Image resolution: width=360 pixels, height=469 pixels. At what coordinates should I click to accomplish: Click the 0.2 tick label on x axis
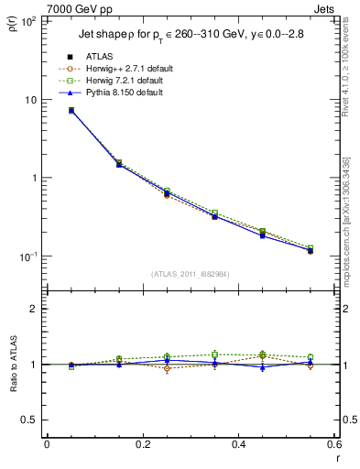(x=143, y=444)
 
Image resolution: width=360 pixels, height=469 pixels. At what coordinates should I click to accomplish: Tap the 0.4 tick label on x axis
(x=239, y=444)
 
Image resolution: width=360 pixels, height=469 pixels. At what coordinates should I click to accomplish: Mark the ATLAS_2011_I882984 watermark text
(x=191, y=274)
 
